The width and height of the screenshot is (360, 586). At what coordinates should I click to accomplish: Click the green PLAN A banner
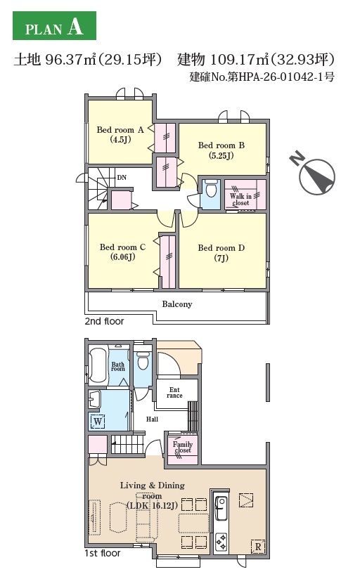tap(55, 25)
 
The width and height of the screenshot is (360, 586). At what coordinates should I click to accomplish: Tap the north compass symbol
tap(314, 174)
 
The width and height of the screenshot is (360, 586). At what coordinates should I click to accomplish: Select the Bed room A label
tap(120, 134)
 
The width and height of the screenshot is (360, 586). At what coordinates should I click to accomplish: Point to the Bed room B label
tap(221, 150)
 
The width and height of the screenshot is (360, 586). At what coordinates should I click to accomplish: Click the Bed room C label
tap(122, 252)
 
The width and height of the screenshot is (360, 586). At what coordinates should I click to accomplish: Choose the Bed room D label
tap(221, 253)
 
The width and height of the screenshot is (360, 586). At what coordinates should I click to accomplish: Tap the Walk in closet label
tap(240, 199)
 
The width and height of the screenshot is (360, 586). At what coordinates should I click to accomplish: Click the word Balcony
tap(176, 304)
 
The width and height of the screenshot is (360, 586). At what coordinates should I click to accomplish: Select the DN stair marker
tap(122, 178)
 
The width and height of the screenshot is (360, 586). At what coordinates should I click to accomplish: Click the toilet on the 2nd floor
tap(211, 188)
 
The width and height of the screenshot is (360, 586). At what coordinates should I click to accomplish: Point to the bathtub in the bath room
tap(98, 365)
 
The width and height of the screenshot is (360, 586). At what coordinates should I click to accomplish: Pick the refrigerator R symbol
tap(258, 547)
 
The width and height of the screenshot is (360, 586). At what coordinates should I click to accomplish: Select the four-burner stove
tap(221, 542)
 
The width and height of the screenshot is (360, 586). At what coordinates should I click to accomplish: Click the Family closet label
tap(182, 447)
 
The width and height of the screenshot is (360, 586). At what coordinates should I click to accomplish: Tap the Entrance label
tap(174, 392)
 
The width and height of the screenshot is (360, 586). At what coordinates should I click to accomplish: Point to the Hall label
tap(152, 419)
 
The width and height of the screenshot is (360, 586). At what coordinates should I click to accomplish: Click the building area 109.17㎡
tap(239, 60)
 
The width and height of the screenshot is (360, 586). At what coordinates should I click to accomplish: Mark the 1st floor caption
tap(103, 553)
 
